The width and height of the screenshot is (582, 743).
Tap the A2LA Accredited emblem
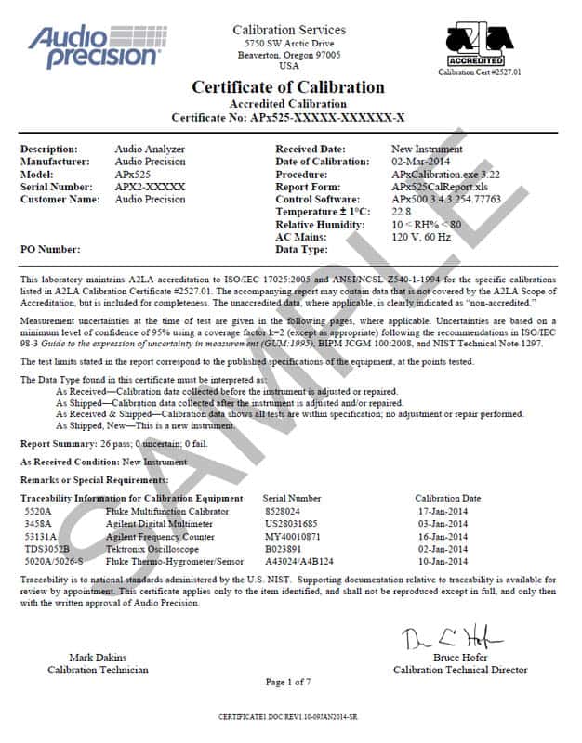click(480, 46)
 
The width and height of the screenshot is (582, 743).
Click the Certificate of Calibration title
click(288, 87)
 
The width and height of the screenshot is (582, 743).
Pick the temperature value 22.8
click(402, 212)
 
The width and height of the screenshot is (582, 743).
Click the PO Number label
click(51, 250)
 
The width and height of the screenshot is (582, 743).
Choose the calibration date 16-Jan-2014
click(447, 536)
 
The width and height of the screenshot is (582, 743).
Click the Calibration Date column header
click(447, 498)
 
